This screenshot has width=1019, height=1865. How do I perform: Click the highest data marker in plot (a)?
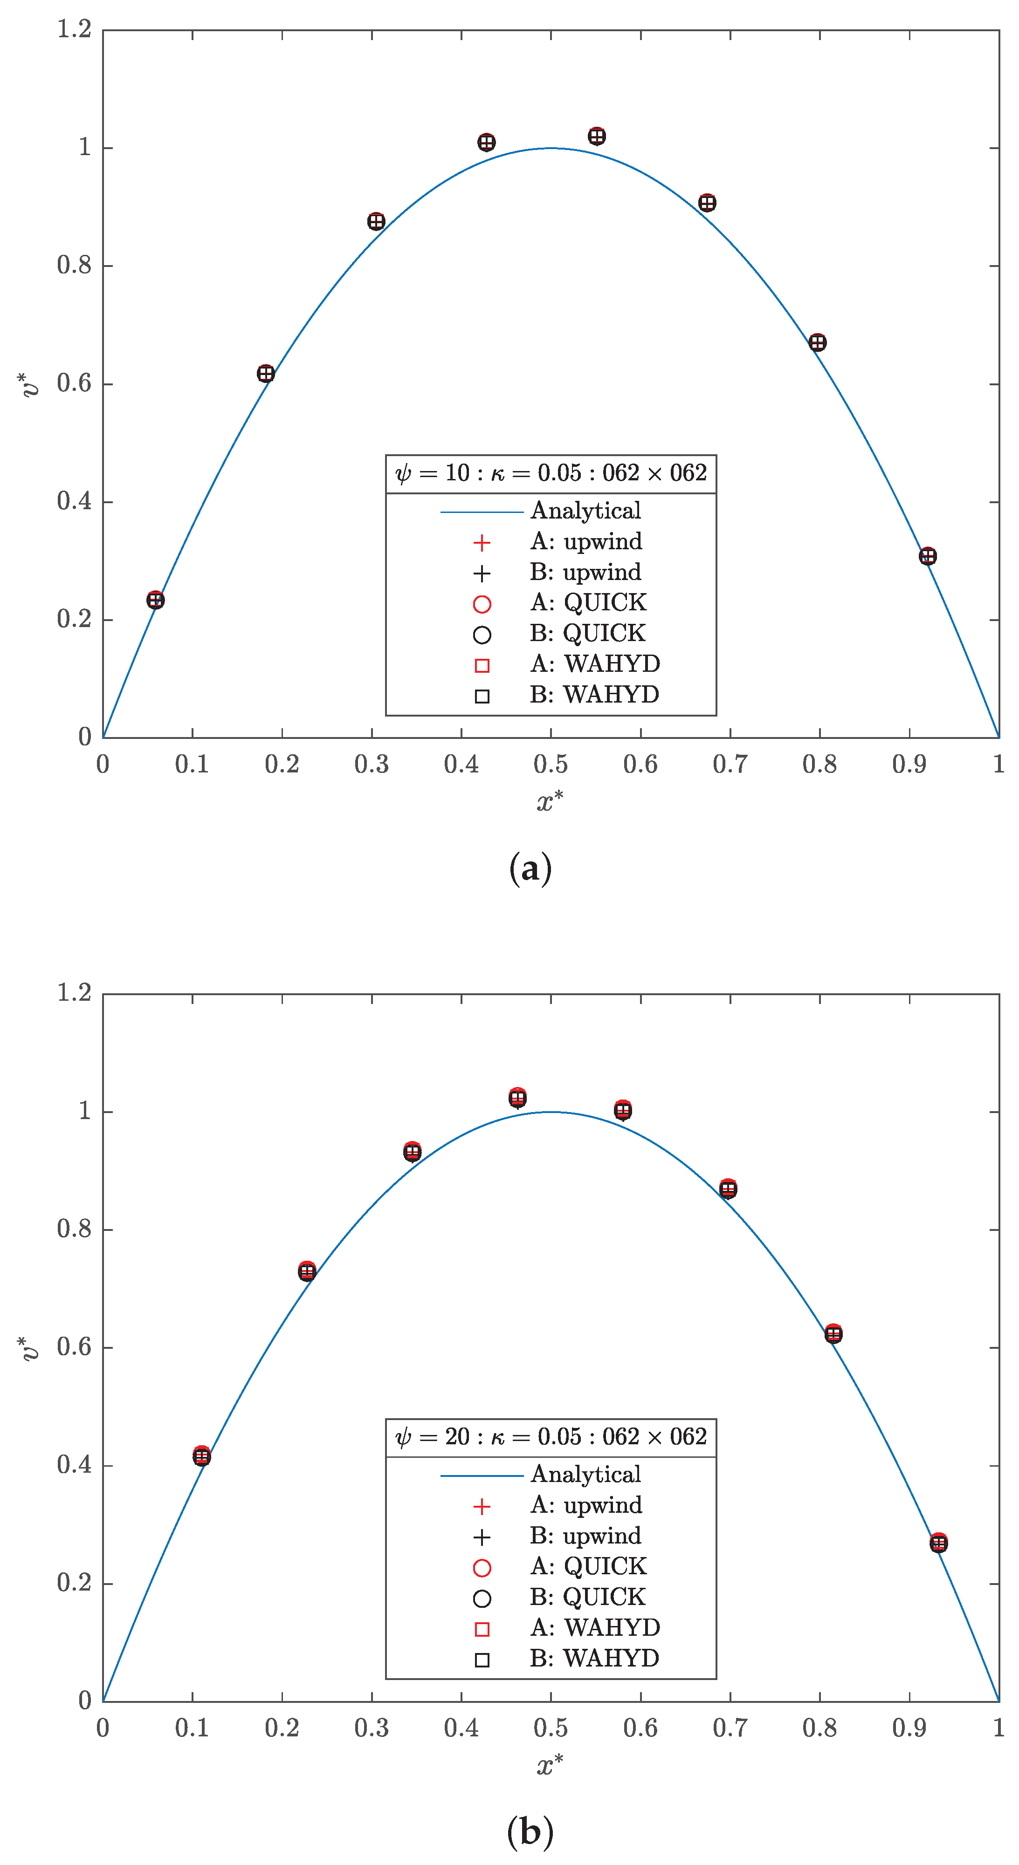point(596,136)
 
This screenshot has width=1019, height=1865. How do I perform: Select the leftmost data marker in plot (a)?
point(155,600)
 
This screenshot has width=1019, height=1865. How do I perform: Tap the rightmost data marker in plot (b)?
point(938,1543)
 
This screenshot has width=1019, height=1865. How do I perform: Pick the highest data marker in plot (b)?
point(517,1098)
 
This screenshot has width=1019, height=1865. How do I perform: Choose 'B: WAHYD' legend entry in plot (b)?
point(594,1658)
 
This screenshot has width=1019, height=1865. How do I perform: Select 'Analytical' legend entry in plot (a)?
point(585,511)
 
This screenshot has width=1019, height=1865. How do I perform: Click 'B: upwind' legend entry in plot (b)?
point(585,1536)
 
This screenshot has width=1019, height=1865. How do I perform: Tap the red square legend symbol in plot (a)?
point(482,665)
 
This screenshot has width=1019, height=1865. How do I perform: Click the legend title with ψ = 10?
point(551,473)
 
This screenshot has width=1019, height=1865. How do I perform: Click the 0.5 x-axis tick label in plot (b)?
point(551,1728)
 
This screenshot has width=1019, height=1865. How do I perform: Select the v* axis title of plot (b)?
point(30,1348)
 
